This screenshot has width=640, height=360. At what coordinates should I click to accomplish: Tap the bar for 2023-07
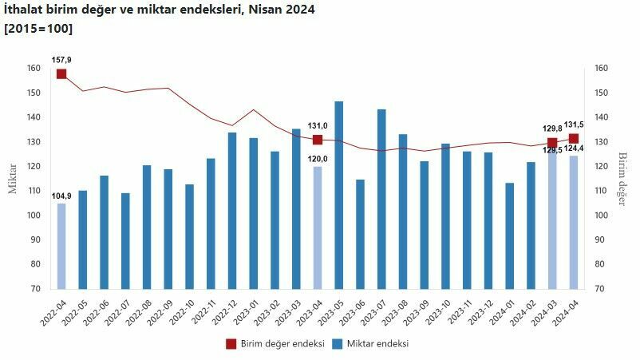(381, 199)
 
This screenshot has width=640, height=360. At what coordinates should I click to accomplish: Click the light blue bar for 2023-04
(318, 227)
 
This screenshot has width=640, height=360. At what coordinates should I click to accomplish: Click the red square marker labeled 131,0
(318, 140)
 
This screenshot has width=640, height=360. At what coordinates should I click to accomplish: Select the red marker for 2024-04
(574, 138)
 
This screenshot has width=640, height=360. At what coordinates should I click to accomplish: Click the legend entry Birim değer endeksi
(275, 344)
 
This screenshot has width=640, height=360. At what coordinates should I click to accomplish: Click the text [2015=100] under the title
(38, 29)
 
